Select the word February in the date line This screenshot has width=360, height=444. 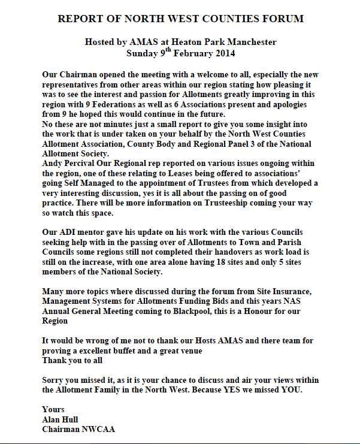tap(192, 53)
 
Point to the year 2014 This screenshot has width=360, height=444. tap(225, 53)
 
